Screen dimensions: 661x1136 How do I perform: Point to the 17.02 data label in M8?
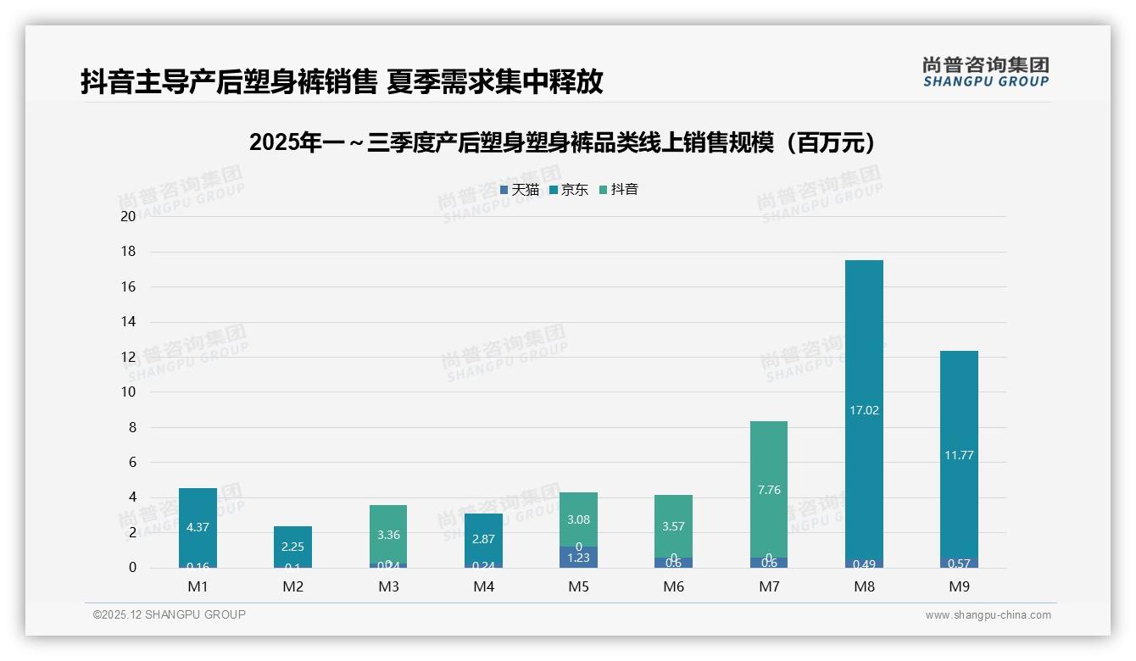(864, 410)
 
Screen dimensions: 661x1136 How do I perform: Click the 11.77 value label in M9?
(959, 455)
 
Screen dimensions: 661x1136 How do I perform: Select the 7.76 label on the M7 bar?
(769, 490)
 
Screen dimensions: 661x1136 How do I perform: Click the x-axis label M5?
(579, 586)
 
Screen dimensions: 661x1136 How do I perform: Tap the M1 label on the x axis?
(198, 586)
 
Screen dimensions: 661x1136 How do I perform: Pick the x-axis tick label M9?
(959, 586)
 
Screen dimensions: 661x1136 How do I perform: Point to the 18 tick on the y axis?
(128, 252)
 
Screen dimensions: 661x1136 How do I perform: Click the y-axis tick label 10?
(128, 392)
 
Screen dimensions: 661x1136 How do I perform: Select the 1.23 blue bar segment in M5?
(579, 557)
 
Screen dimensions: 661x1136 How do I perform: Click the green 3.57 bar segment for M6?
(674, 525)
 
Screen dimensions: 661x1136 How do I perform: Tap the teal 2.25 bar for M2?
(292, 547)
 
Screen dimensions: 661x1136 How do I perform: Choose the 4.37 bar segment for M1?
(198, 525)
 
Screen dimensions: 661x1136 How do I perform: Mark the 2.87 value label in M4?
(483, 539)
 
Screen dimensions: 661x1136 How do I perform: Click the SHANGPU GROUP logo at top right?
(985, 72)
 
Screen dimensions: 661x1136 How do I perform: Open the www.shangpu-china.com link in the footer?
(988, 615)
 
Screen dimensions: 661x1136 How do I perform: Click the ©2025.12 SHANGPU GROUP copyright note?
(170, 615)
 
